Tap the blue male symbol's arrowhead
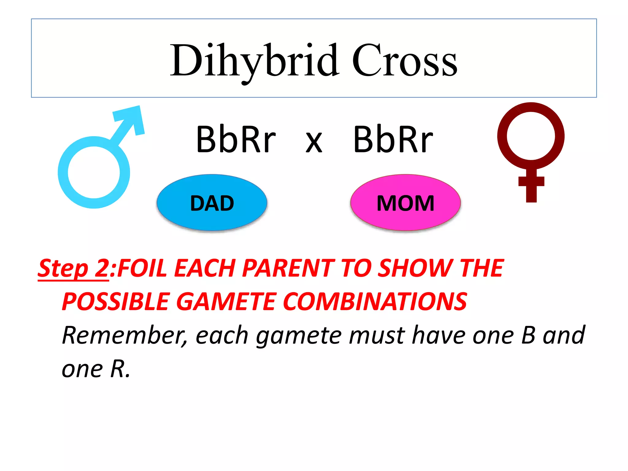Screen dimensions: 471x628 coord(132,118)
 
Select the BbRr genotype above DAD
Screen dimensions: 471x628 coord(236,140)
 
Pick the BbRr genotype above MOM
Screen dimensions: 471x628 coord(393,140)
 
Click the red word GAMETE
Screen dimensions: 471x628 coord(227,301)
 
